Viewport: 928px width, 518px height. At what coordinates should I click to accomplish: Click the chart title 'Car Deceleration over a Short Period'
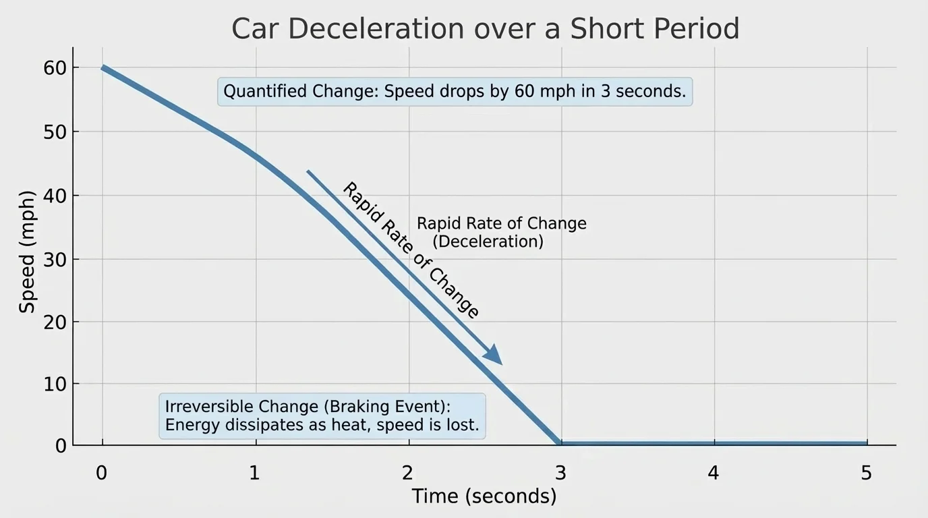(485, 29)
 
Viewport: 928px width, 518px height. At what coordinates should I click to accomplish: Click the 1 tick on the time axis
(254, 473)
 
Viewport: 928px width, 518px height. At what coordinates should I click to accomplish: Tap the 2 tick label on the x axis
(407, 473)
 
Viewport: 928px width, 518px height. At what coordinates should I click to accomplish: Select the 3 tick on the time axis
(560, 473)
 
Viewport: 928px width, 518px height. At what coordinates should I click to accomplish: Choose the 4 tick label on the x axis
(714, 473)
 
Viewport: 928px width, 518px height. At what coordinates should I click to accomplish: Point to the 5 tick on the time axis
(867, 473)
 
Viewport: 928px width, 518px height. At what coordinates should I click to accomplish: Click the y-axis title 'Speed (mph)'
(27, 252)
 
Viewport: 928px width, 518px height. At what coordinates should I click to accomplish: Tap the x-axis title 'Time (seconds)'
(484, 496)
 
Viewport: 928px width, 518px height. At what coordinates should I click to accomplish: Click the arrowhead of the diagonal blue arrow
(494, 355)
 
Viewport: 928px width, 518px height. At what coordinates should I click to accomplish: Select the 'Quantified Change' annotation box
(455, 92)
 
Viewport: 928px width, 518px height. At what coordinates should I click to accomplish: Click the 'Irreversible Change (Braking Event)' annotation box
(322, 416)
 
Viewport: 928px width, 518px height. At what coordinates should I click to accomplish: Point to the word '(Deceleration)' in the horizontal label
(488, 241)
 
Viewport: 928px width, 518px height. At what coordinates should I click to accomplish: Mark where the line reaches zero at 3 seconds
(560, 443)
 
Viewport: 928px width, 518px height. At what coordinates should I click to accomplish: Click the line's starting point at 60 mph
(103, 67)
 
